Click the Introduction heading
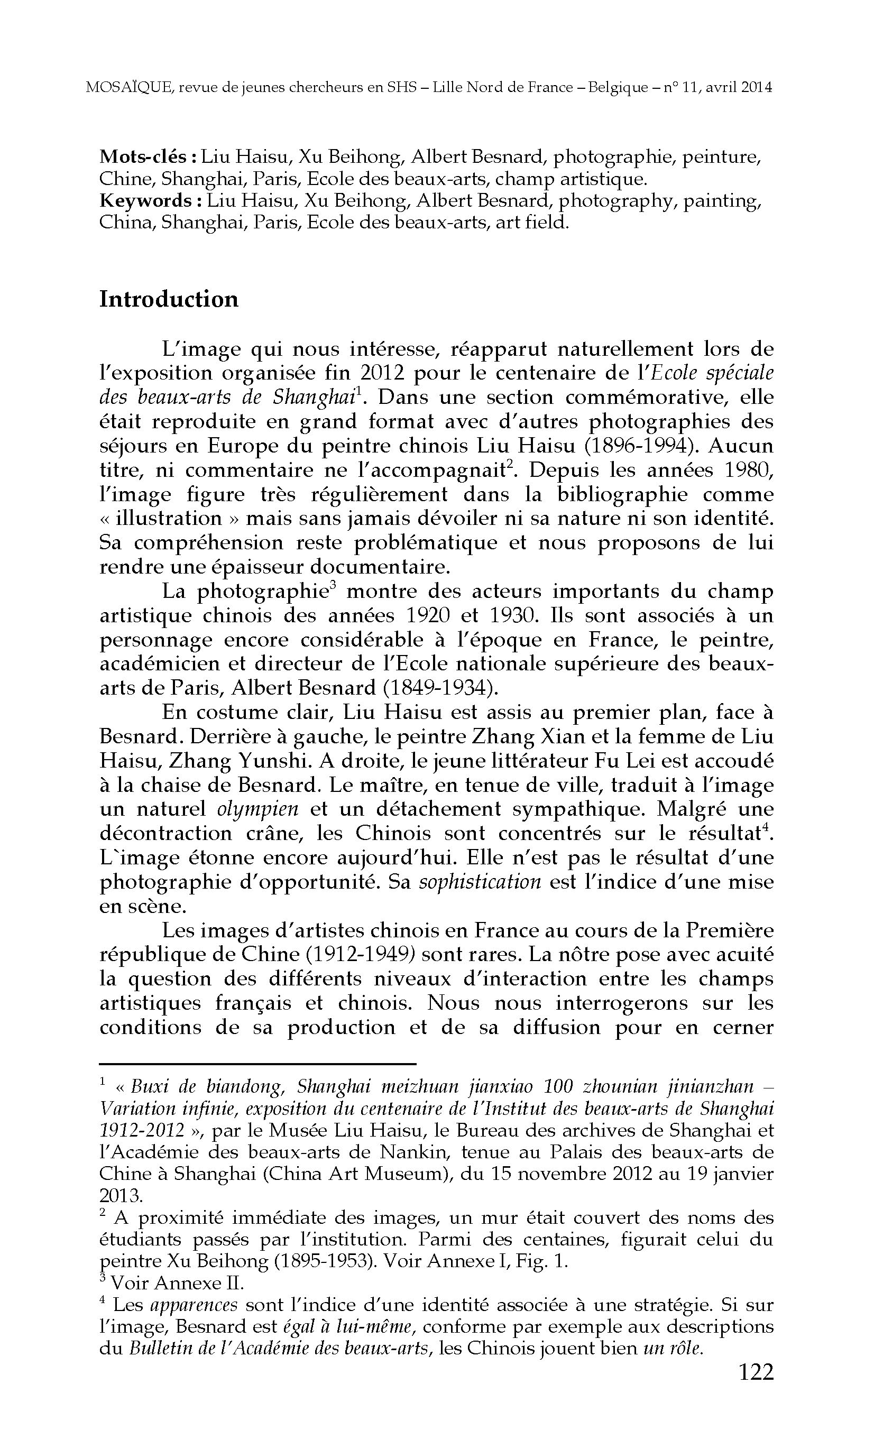[168, 299]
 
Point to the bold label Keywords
[150, 200]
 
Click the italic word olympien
[257, 809]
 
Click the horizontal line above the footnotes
[257, 1063]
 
